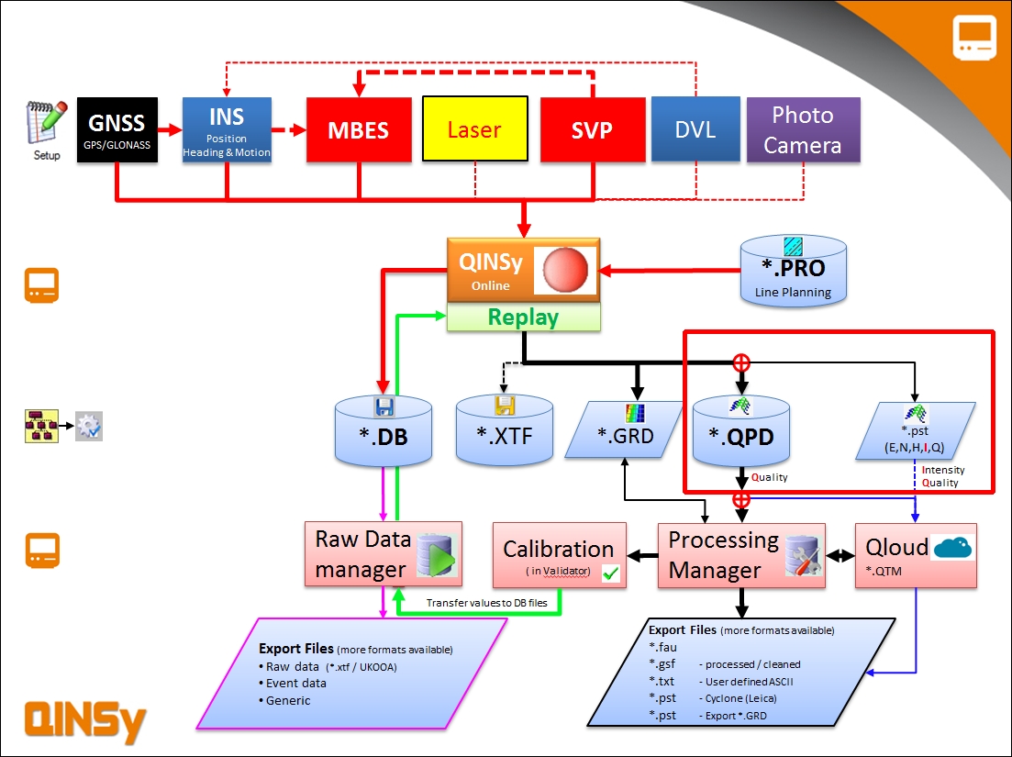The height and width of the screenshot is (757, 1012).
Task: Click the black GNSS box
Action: tap(117, 129)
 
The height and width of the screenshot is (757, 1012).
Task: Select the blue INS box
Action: tap(227, 129)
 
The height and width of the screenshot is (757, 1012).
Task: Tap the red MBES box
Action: tap(359, 129)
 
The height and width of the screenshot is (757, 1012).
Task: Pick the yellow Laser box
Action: tap(474, 129)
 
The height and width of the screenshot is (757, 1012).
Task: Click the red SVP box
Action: tap(592, 129)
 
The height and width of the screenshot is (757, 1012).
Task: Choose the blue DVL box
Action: tap(695, 129)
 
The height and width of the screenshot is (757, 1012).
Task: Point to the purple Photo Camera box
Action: tap(803, 129)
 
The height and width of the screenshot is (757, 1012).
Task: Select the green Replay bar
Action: tap(523, 317)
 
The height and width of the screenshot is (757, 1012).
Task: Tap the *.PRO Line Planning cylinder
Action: tap(793, 271)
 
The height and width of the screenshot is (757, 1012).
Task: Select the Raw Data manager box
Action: tap(384, 554)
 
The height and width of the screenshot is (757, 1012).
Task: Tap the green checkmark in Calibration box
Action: tap(610, 573)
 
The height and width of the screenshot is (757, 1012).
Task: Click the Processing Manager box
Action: tap(740, 555)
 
